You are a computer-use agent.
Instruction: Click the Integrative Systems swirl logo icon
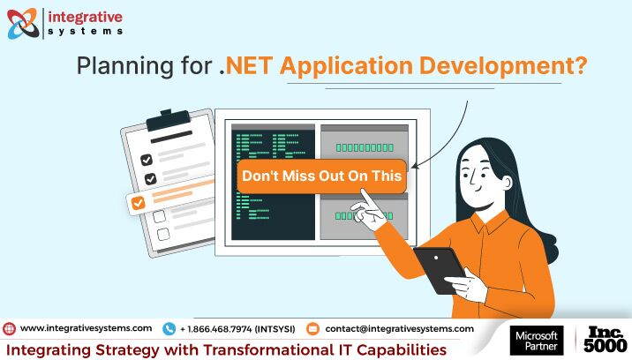(x=23, y=24)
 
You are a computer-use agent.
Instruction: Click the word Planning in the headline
(x=125, y=65)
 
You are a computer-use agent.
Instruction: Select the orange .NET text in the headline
(x=246, y=65)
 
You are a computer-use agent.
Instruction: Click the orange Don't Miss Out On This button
(x=321, y=176)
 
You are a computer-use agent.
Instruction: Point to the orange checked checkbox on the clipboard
(x=139, y=202)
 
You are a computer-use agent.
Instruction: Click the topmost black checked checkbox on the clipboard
(x=147, y=160)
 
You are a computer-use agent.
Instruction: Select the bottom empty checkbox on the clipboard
(x=163, y=234)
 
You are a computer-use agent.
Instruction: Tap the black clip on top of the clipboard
(x=168, y=120)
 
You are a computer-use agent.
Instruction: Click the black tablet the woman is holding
(x=439, y=269)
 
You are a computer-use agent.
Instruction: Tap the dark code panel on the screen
(x=273, y=183)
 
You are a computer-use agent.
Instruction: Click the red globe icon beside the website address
(x=10, y=329)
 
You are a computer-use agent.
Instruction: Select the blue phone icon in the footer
(x=169, y=329)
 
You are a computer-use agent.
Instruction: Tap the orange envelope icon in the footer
(x=312, y=329)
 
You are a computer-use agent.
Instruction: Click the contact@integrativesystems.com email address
(x=400, y=328)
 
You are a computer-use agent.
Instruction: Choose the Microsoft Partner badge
(x=537, y=341)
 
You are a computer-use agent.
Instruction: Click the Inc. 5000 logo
(x=605, y=340)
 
